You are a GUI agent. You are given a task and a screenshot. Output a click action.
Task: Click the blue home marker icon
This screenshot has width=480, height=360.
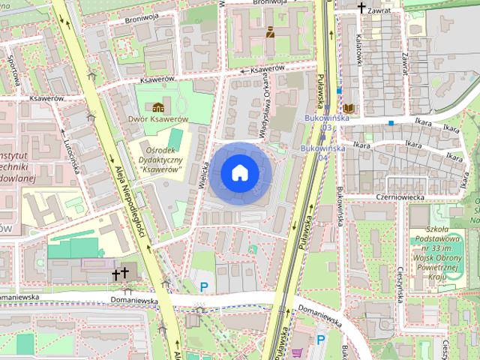pyautogui.click(x=239, y=173)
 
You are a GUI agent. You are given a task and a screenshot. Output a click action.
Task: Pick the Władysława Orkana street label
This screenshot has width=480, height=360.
pyautogui.click(x=264, y=112)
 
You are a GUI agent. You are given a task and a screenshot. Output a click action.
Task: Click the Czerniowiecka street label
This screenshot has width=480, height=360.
pyautogui.click(x=400, y=196)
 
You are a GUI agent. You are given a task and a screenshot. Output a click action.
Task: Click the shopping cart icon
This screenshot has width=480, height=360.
pyautogui.click(x=298, y=352)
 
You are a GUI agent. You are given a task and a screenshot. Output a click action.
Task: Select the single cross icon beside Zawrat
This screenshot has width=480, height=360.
pyautogui.click(x=361, y=8)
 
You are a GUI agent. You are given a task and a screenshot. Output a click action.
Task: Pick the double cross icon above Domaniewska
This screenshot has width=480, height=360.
pyautogui.click(x=120, y=274)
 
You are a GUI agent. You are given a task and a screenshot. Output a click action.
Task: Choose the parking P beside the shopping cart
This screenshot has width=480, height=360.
pyautogui.click(x=320, y=340)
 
